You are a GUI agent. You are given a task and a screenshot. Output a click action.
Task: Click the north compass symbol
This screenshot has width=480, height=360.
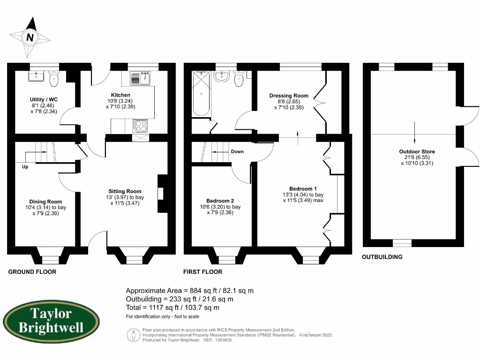pos(30,37)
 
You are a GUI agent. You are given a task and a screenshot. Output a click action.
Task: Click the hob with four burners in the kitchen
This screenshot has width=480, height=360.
pos(141,126)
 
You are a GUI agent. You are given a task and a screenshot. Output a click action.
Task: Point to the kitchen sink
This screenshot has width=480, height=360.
pos(140,78)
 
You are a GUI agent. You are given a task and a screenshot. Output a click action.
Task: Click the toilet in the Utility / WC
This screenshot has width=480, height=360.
pos(54,79)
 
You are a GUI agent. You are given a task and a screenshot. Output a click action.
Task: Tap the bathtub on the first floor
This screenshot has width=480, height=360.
pos(201,94)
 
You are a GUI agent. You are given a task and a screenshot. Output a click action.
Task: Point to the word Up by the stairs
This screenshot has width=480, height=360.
pos(25,166)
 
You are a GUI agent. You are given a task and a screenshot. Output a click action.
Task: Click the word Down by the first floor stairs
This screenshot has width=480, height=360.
pos(237,152)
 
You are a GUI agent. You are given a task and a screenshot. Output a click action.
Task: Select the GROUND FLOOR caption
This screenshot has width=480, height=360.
pos(32,272)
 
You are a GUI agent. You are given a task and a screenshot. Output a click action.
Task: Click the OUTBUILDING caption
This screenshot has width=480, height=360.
pos(382,257)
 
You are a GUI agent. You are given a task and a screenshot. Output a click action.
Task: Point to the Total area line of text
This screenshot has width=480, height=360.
pos(172,308)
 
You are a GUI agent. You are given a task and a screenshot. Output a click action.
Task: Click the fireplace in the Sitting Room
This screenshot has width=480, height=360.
pos(162,194)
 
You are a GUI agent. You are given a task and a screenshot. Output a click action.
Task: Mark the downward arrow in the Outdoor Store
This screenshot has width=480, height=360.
pos(414,134)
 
